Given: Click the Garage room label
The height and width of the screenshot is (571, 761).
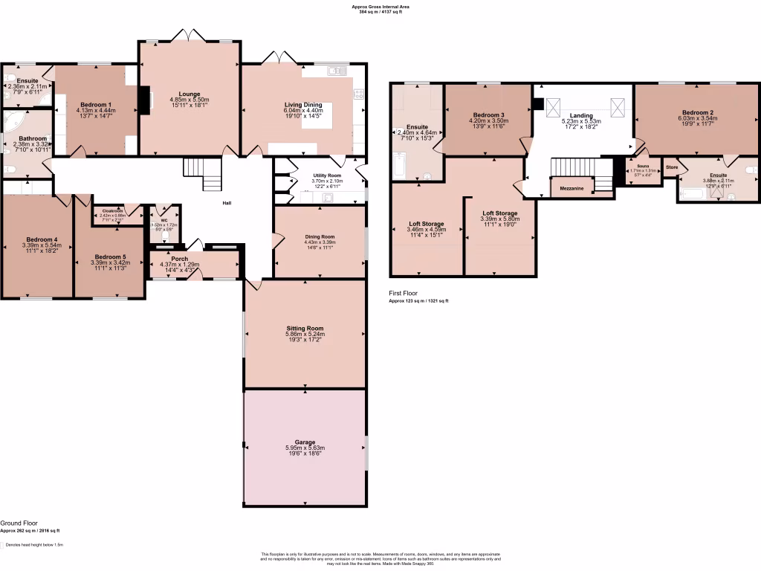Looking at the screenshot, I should tap(305, 442).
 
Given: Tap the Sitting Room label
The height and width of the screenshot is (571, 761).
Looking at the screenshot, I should tap(305, 328).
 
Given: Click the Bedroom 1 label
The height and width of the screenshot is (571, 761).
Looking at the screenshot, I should tap(96, 104).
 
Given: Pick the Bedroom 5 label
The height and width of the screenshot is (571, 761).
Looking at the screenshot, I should tap(109, 257).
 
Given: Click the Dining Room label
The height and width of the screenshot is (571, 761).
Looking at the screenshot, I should tap(320, 236).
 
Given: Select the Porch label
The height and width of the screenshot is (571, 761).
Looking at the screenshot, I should tap(180, 259).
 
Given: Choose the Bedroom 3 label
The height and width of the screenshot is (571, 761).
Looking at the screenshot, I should tap(488, 115).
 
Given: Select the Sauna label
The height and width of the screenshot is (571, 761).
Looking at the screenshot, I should tap(644, 167).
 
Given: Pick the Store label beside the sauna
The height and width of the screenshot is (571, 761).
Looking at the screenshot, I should tap(671, 167).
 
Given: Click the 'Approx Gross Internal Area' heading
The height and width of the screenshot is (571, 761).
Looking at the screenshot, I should tap(380, 6).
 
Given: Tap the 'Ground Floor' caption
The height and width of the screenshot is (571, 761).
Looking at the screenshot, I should tap(19, 523).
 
